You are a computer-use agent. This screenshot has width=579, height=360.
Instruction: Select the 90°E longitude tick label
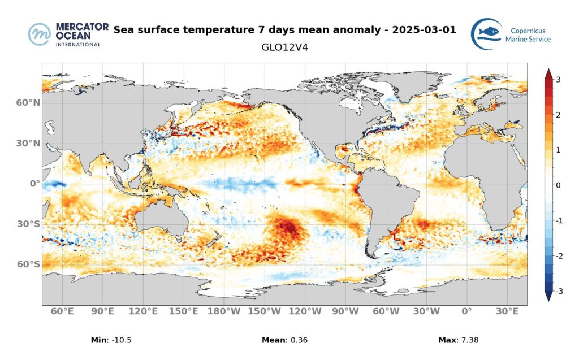(103, 311)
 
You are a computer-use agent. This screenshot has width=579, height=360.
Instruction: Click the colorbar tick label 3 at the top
(558, 80)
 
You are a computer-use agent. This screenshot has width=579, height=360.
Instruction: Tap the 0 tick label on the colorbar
(558, 185)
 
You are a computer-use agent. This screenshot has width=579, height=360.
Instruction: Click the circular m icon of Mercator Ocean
(40, 34)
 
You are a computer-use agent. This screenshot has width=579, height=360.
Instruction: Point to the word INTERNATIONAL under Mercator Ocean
(78, 44)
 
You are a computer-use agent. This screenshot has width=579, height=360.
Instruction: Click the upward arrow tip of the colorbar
(548, 71)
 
